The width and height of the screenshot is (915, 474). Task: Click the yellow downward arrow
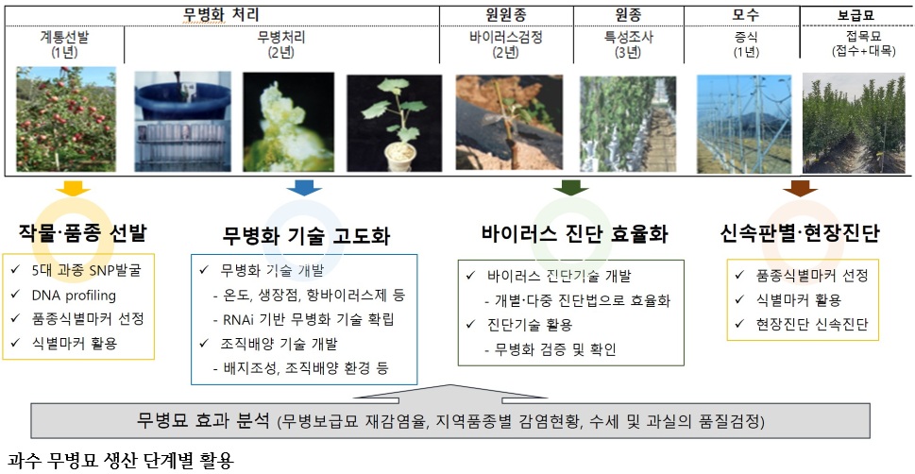click(x=73, y=188)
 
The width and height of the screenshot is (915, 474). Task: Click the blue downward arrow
click(x=304, y=188)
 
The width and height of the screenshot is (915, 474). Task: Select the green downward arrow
click(x=570, y=188)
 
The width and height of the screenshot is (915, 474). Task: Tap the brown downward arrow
click(x=800, y=188)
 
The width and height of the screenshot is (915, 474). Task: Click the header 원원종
click(x=506, y=15)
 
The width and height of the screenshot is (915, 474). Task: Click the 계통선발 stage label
click(x=65, y=38)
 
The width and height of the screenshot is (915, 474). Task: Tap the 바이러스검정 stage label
click(x=506, y=38)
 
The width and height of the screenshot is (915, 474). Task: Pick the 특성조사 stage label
click(x=629, y=38)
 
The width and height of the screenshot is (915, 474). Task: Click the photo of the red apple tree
click(x=66, y=120)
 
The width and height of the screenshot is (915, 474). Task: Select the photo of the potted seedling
click(x=395, y=123)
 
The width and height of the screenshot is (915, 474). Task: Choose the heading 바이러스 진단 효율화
click(x=575, y=235)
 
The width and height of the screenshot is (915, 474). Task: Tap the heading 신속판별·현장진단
click(x=800, y=235)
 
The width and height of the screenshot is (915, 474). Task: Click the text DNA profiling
click(x=74, y=296)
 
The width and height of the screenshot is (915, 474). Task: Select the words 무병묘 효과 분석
click(x=204, y=419)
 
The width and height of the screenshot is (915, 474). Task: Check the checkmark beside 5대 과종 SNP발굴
click(x=15, y=270)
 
